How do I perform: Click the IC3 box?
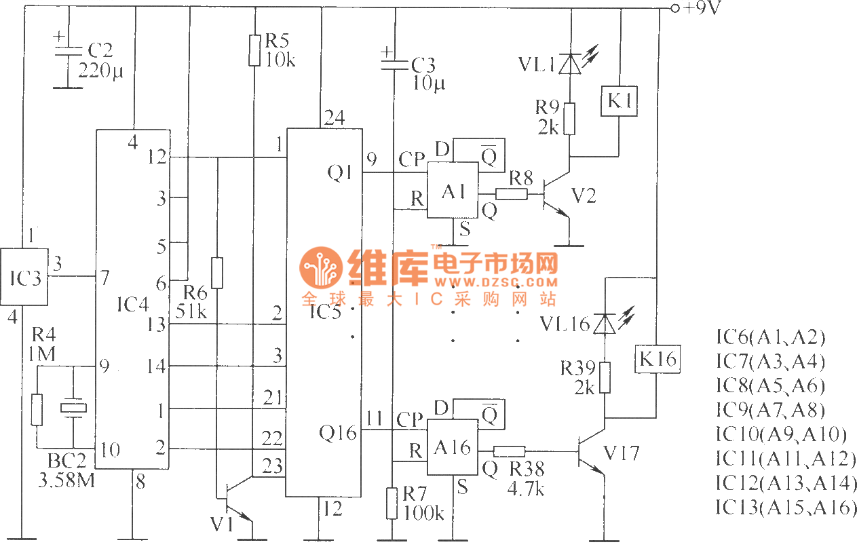[x=24, y=278]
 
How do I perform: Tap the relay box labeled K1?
[x=619, y=102]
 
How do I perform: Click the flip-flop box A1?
[x=453, y=192]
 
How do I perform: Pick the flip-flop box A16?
[x=451, y=448]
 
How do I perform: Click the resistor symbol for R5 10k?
[x=254, y=50]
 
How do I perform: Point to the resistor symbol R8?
[x=512, y=194]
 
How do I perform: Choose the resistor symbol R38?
[x=509, y=451]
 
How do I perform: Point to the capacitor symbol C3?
[x=393, y=63]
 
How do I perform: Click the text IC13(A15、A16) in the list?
[x=786, y=508]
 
